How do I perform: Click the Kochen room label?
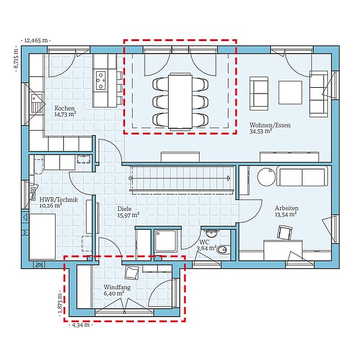coord(64,108)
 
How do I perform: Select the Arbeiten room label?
coord(287,208)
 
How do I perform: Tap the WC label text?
coord(203,242)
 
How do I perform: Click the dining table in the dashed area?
coord(180,100)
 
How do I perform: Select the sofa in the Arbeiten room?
coord(302,177)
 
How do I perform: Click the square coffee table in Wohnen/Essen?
coord(291,92)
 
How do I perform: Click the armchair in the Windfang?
coord(133,272)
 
